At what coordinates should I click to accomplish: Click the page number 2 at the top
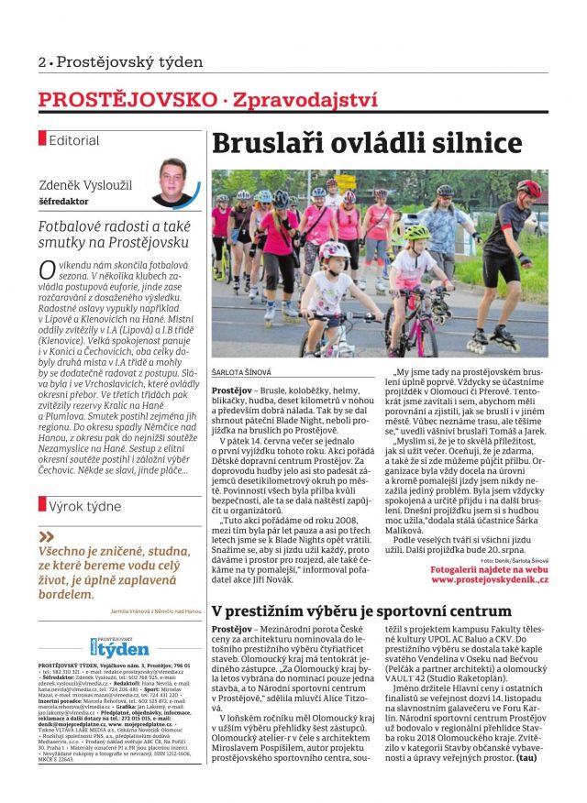click(42, 62)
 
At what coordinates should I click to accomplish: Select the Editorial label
click(74, 140)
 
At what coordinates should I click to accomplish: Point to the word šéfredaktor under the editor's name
click(63, 198)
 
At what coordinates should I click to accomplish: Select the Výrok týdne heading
click(84, 505)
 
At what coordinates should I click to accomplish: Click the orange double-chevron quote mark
click(48, 536)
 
